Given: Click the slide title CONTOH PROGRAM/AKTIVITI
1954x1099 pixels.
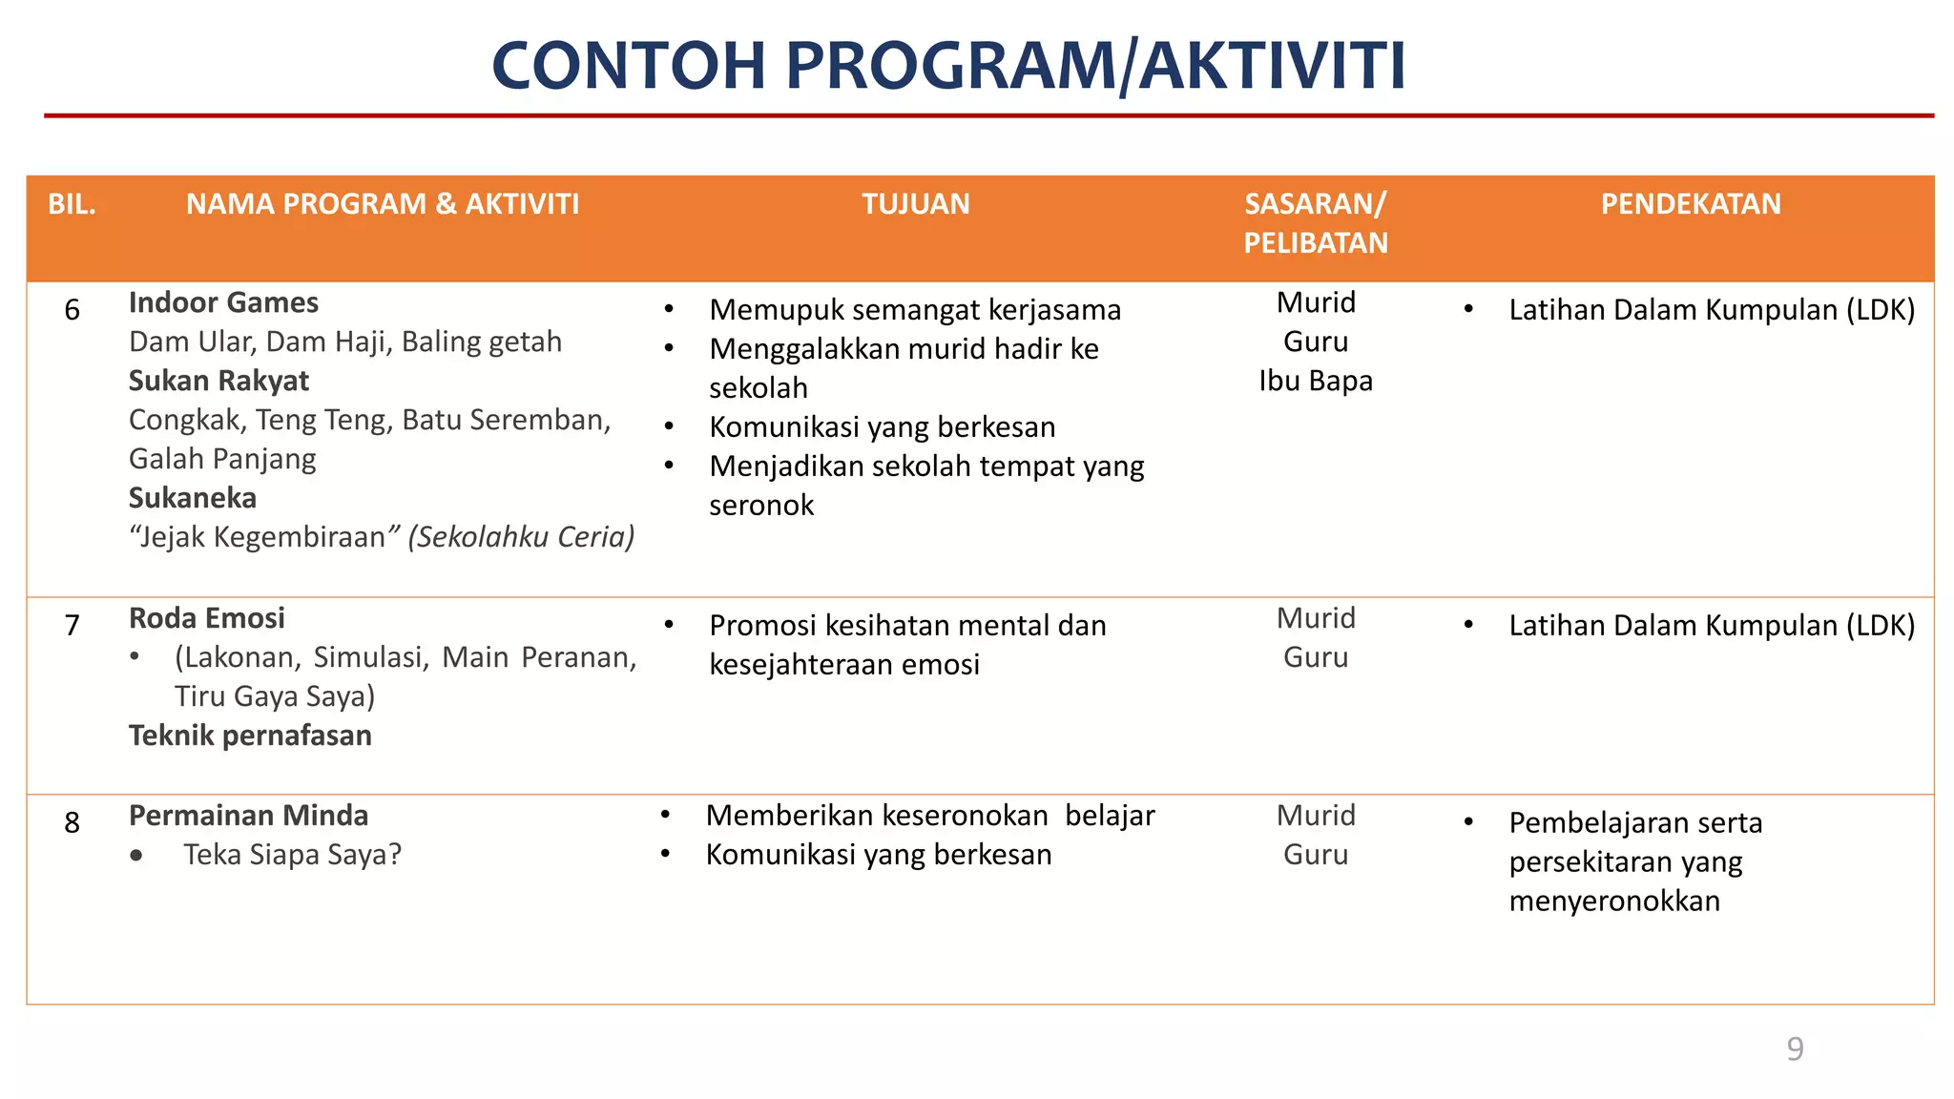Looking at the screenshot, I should pyautogui.click(x=948, y=67).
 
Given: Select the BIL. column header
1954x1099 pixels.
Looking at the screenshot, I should pyautogui.click(x=72, y=204).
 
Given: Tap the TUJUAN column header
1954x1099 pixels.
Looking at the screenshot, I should pyautogui.click(x=915, y=204).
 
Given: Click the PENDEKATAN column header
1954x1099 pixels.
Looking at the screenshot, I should pyautogui.click(x=1690, y=204).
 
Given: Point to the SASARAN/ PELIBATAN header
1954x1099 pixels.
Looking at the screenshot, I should pyautogui.click(x=1315, y=223).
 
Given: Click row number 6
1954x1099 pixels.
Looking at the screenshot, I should pyautogui.click(x=72, y=310).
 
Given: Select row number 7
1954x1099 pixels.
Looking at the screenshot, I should pyautogui.click(x=72, y=626).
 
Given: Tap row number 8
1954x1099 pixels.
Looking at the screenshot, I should pyautogui.click(x=72, y=823).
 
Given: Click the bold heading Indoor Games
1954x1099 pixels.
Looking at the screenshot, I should pyautogui.click(x=223, y=303).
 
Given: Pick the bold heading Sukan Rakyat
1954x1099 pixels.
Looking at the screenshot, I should pyautogui.click(x=218, y=382).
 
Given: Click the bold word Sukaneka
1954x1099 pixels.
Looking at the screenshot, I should pyautogui.click(x=193, y=499).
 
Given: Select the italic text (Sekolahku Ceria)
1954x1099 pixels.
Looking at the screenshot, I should pyautogui.click(x=521, y=537).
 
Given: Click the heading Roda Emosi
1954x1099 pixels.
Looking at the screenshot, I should pyautogui.click(x=207, y=619).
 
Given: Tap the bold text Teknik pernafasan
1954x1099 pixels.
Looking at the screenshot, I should pyautogui.click(x=250, y=736).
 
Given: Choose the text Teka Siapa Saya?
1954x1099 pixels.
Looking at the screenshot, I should pyautogui.click(x=292, y=855).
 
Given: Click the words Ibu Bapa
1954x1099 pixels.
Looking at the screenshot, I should pyautogui.click(x=1315, y=382).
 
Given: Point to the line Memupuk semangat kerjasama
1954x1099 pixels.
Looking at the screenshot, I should pyautogui.click(x=914, y=310).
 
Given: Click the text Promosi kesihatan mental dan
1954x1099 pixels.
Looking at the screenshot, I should pyautogui.click(x=906, y=626).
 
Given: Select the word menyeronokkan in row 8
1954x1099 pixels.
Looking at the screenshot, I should pyautogui.click(x=1613, y=902).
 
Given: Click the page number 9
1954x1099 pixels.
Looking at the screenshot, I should pyautogui.click(x=1794, y=1049).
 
